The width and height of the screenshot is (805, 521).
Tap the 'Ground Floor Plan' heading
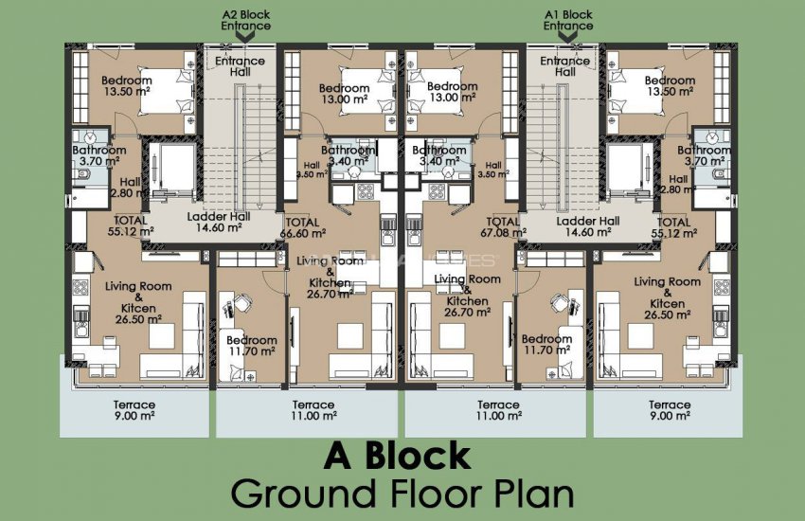[x=402, y=494]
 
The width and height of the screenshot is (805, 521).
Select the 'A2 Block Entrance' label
[x=246, y=20]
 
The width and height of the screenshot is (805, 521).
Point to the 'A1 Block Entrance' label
[x=568, y=20]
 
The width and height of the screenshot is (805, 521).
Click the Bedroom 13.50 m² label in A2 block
[x=128, y=86]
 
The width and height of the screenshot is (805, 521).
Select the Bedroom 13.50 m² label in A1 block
[x=670, y=86]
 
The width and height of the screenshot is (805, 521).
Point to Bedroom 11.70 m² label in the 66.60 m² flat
[x=251, y=345]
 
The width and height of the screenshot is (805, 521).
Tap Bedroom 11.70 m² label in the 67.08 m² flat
[x=547, y=345]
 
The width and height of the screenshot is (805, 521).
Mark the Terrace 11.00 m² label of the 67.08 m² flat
[x=498, y=410]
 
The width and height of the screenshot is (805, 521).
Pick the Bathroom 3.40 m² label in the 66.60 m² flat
[x=349, y=155]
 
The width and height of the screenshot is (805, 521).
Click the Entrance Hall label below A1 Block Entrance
[x=565, y=66]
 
